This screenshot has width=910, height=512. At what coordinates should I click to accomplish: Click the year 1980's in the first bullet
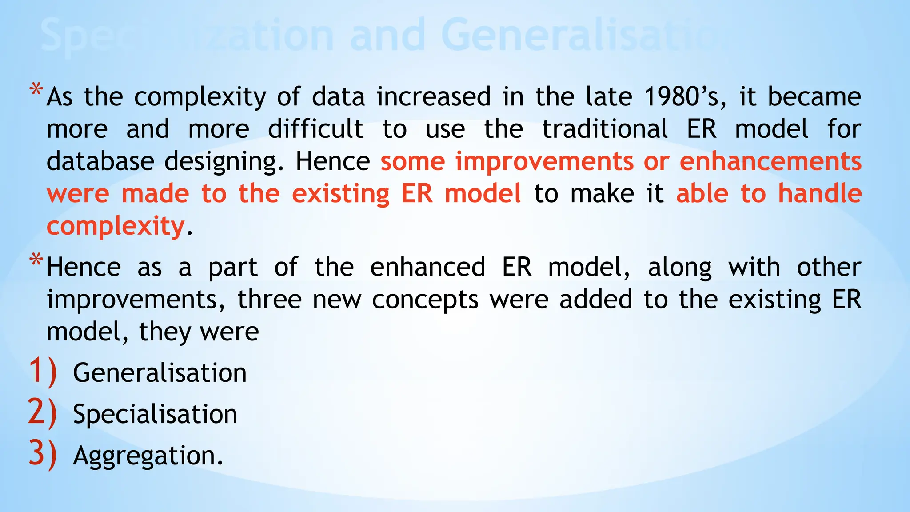pos(685,97)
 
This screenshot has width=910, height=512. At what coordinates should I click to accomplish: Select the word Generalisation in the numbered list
pos(160,372)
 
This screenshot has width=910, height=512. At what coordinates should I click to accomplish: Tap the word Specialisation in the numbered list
pos(155,414)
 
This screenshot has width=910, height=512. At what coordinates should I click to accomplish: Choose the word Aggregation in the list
pos(148,456)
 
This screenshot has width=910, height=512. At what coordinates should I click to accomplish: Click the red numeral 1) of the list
pos(43,372)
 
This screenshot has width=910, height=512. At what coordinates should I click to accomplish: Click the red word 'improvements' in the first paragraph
pos(544,162)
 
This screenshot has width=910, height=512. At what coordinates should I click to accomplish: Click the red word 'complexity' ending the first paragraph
pos(116,227)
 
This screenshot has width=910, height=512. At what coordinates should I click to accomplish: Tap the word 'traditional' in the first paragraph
pos(605,129)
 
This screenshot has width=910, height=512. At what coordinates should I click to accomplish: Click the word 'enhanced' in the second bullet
pos(427,268)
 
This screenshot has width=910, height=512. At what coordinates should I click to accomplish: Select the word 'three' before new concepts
pos(270,300)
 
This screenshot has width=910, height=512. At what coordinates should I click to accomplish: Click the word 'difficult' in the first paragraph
pos(315,129)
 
